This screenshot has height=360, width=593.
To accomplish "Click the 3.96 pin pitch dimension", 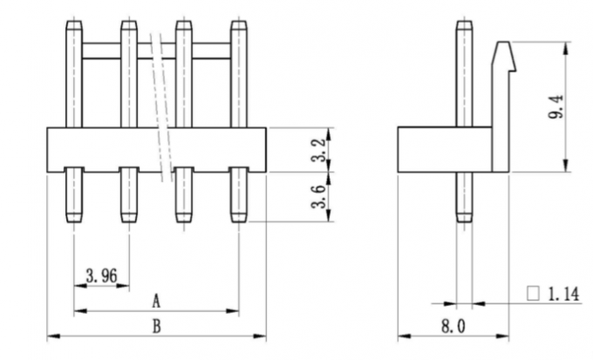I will [x=102, y=277].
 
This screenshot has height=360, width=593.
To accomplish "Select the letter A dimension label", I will [x=156, y=302].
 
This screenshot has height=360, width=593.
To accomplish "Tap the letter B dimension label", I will [x=156, y=327].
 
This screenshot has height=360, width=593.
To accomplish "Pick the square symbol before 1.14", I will [x=533, y=295].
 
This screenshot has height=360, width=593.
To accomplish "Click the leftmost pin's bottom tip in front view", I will [x=74, y=218].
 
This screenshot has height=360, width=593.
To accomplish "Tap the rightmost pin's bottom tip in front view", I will [x=239, y=218].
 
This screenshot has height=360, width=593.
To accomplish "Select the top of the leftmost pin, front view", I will [x=74, y=24].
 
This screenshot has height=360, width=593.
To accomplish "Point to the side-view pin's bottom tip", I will [x=464, y=218].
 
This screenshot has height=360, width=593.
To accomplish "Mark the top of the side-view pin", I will [x=464, y=24].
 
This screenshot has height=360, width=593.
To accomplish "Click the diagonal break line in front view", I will [x=160, y=105].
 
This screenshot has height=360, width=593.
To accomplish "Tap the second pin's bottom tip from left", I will [x=129, y=218].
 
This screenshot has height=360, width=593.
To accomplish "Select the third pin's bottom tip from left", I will [x=184, y=218].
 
